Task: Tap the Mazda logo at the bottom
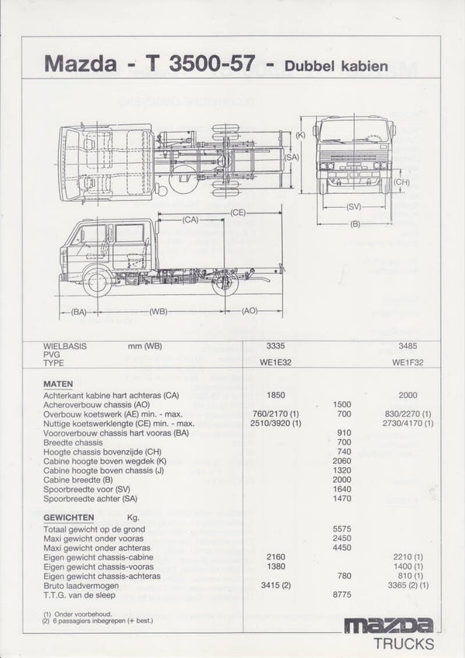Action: pyautogui.click(x=388, y=625)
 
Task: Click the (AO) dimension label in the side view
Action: pyautogui.click(x=250, y=310)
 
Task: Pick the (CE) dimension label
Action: pyautogui.click(x=238, y=211)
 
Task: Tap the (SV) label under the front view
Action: pyautogui.click(x=354, y=206)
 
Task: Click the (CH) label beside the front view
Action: pyautogui.click(x=401, y=182)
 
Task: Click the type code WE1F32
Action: pyautogui.click(x=408, y=362)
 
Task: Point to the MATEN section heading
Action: pyautogui.click(x=58, y=383)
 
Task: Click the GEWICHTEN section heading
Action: pyautogui.click(x=69, y=517)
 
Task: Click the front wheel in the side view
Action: pyautogui.click(x=98, y=282)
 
